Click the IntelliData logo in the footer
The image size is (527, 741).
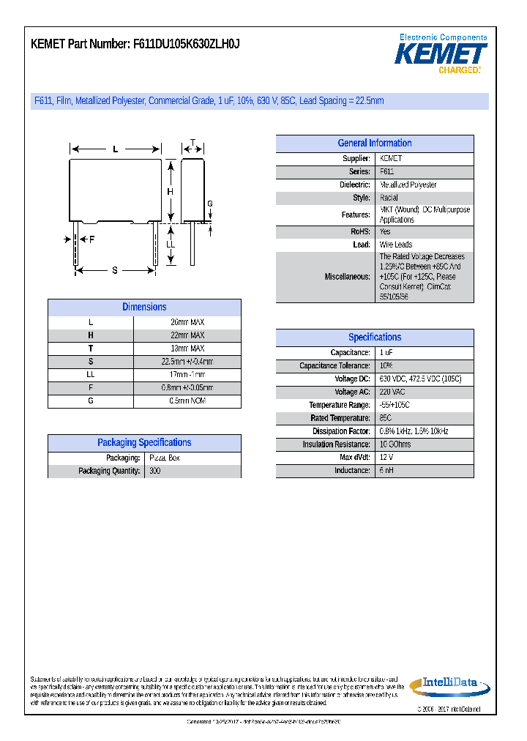(445, 685)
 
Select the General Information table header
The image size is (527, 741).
(374, 144)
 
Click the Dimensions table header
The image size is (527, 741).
(144, 308)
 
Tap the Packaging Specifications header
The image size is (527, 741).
(144, 442)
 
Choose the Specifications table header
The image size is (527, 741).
(374, 338)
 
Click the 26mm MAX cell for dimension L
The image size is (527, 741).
(187, 322)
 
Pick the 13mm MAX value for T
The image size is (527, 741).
(187, 349)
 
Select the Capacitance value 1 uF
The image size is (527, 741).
(386, 352)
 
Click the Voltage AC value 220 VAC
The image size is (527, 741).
(392, 392)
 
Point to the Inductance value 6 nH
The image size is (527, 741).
(386, 470)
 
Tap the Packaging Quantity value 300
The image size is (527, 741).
(154, 471)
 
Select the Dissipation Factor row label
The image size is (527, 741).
(341, 431)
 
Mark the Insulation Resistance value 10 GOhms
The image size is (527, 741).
(395, 444)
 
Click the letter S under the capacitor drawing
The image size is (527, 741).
(115, 271)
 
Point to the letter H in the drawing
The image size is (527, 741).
(170, 192)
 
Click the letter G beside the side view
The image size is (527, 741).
(209, 204)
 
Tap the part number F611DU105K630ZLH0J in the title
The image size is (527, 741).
(186, 44)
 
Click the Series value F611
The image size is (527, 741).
(386, 171)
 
